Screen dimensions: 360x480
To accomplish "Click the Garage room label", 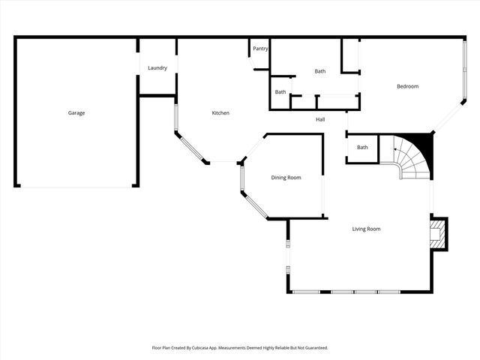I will point(76,113).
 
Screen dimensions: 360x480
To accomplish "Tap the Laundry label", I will point(157,68).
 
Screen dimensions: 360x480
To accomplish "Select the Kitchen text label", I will point(220,113).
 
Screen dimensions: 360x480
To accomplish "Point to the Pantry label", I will point(260,49).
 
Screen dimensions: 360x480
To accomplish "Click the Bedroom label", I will point(407,86).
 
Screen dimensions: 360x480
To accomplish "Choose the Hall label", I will point(320,119).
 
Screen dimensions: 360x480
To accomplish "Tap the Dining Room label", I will point(286,178).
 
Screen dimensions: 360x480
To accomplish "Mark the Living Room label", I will point(367,229).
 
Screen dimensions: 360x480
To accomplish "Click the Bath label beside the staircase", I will point(362,147).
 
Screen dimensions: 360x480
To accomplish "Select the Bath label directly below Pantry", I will point(280,92).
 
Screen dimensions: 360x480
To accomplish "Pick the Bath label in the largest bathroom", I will point(320,71).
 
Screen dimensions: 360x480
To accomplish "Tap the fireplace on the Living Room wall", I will point(437,234).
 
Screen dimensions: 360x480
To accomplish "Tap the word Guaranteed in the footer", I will point(313,348).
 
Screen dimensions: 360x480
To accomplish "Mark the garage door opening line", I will point(75,187).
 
